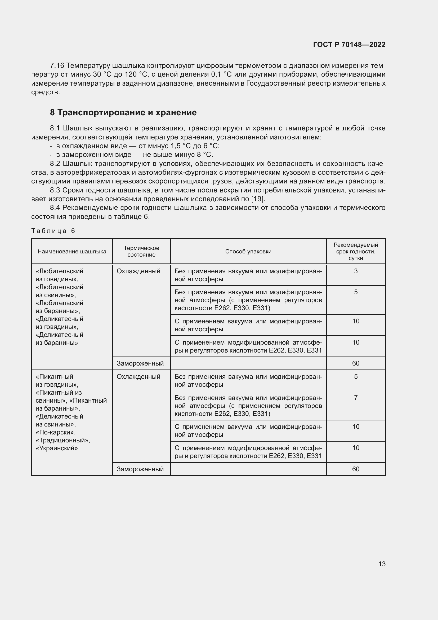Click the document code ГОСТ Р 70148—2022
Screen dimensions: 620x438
[x=349, y=45]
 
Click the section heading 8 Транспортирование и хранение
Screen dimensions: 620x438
[x=123, y=113]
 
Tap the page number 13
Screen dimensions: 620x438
[x=382, y=564]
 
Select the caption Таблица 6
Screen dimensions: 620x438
[x=53, y=231]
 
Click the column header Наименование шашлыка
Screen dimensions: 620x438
[x=72, y=251]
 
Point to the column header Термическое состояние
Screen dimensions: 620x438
[x=141, y=251]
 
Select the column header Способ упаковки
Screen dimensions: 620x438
[x=248, y=251]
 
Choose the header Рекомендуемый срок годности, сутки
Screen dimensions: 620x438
[x=355, y=251]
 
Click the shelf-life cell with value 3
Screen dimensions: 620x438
[x=355, y=271]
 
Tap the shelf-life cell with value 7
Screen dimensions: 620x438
[x=355, y=398]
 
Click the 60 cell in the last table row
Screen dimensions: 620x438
[x=355, y=469]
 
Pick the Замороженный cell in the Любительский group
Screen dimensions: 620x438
[x=140, y=363]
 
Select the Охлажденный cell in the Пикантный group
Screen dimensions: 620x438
[x=138, y=377]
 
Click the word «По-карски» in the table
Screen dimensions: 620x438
[x=55, y=432]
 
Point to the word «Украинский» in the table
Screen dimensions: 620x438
[x=57, y=448]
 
